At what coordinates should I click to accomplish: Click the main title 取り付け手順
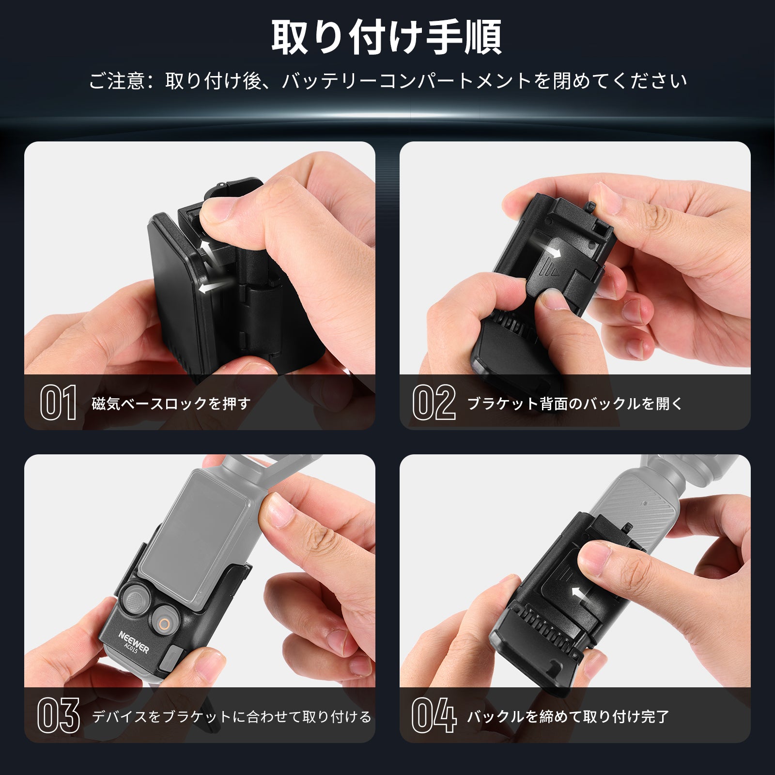(x=387, y=38)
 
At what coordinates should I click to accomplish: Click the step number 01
(x=59, y=403)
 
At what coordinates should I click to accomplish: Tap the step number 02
(x=434, y=403)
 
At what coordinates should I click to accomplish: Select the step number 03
(x=59, y=715)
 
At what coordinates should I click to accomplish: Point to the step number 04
(x=434, y=715)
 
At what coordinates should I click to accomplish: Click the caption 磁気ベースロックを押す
(x=171, y=403)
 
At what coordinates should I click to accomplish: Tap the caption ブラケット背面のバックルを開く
(x=575, y=403)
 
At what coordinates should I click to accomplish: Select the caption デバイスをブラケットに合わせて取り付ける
(x=232, y=716)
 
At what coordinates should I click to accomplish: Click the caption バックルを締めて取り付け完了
(x=568, y=716)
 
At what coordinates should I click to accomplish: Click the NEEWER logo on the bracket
(x=134, y=641)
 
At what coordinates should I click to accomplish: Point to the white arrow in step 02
(x=552, y=251)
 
